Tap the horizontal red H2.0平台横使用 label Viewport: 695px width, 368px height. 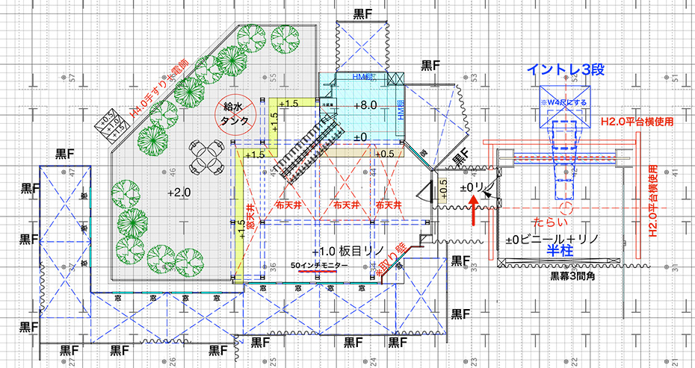point(637,120)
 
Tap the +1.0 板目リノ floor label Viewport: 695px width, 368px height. point(346,252)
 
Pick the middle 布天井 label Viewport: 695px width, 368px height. point(346,203)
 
